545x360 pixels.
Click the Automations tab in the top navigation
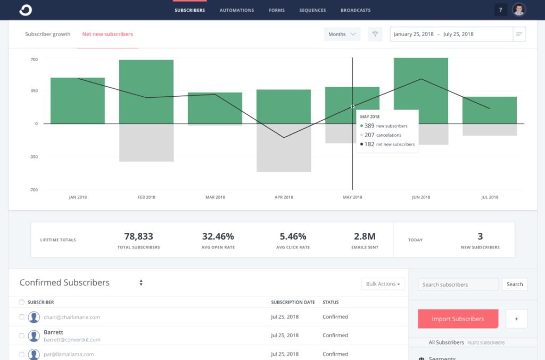237,10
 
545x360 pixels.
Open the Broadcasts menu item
356,10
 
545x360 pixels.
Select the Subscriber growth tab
47,34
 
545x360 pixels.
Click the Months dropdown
342,34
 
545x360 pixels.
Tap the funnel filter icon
375,34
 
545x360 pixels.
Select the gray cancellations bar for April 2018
284,147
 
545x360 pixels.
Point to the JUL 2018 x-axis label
489,197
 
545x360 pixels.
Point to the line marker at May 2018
352,106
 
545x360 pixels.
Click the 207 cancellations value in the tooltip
369,135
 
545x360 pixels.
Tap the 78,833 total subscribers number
138,237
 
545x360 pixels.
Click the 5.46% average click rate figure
293,237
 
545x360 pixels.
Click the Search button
514,284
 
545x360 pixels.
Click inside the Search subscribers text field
458,284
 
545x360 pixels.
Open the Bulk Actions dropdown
383,284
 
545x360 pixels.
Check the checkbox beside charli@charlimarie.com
22,317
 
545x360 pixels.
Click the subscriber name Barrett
53,332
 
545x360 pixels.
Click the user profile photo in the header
519,10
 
